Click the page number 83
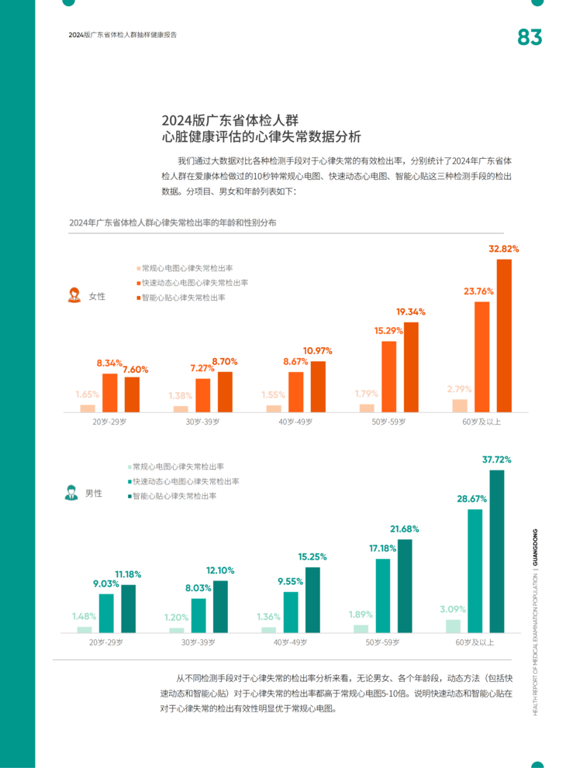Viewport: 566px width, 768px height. (x=530, y=37)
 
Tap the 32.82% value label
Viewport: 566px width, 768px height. (x=504, y=249)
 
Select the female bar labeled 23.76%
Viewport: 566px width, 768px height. (x=481, y=356)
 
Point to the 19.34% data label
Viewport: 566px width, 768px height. (x=411, y=312)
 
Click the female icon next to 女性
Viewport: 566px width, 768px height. (x=75, y=295)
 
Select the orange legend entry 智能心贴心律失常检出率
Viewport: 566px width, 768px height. (x=183, y=297)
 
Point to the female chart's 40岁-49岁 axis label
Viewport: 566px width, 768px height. (x=295, y=422)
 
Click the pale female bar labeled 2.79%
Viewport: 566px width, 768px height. (x=460, y=405)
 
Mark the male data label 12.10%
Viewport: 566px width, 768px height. (x=220, y=570)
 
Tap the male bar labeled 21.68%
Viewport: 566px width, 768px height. (x=405, y=586)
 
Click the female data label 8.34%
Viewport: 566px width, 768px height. (x=110, y=363)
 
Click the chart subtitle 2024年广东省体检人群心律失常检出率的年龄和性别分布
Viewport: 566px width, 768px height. (x=172, y=222)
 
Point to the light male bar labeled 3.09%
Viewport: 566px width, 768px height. (x=453, y=626)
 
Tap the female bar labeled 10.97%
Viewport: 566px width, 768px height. (x=318, y=386)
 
